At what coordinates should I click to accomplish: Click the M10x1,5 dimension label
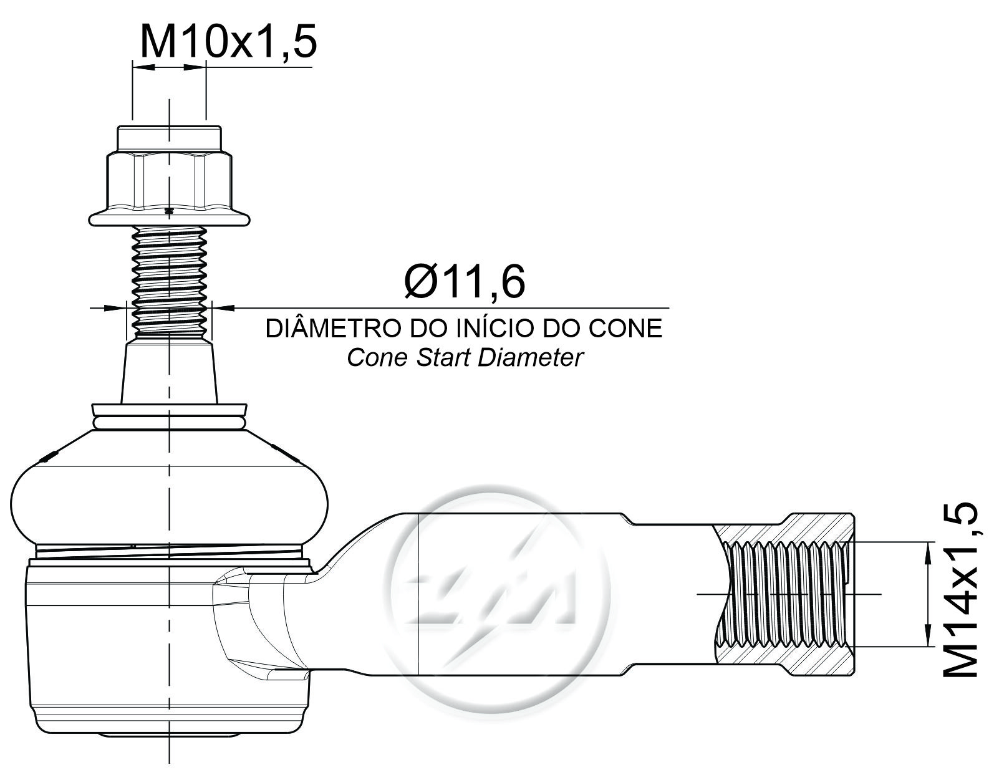click(228, 41)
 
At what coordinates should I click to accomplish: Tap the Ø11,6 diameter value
click(465, 281)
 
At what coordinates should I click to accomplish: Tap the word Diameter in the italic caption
click(531, 358)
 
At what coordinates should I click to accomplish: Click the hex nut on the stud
click(169, 182)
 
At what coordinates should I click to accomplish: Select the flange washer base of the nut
click(169, 218)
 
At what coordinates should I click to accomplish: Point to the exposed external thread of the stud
click(169, 283)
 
